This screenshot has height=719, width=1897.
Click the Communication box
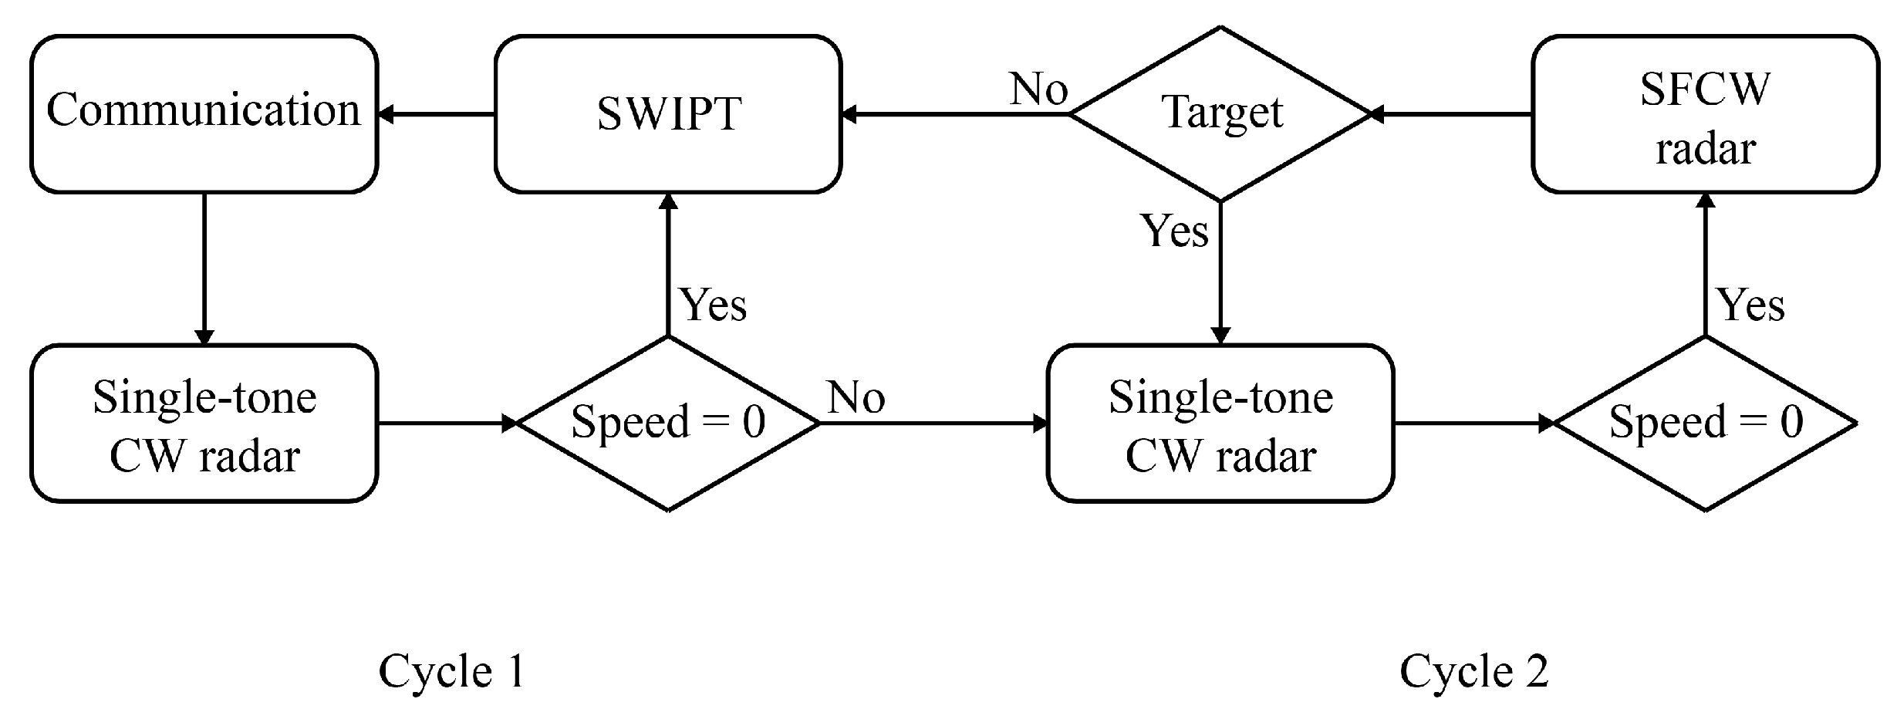(x=204, y=113)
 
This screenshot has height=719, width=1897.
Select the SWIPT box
(x=668, y=113)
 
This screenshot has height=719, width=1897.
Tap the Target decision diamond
(x=1220, y=113)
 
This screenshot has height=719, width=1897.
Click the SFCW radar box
(x=1706, y=113)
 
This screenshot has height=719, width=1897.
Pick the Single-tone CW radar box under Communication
(x=204, y=424)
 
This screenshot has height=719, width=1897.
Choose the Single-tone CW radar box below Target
(x=1220, y=424)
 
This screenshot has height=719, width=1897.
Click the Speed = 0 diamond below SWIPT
(x=668, y=424)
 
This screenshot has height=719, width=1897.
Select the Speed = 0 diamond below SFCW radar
(x=1706, y=424)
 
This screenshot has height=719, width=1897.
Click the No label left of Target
(x=1038, y=89)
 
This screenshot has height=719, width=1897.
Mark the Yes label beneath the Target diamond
(x=1174, y=231)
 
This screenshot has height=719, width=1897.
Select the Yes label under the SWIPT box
(x=713, y=305)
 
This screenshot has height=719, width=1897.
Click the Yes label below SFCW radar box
(x=1750, y=305)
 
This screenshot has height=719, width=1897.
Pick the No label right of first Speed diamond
(x=856, y=399)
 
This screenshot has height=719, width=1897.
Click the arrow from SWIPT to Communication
(x=437, y=115)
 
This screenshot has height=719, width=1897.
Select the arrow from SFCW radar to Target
(x=1450, y=115)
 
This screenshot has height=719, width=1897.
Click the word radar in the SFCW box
(x=1706, y=148)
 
